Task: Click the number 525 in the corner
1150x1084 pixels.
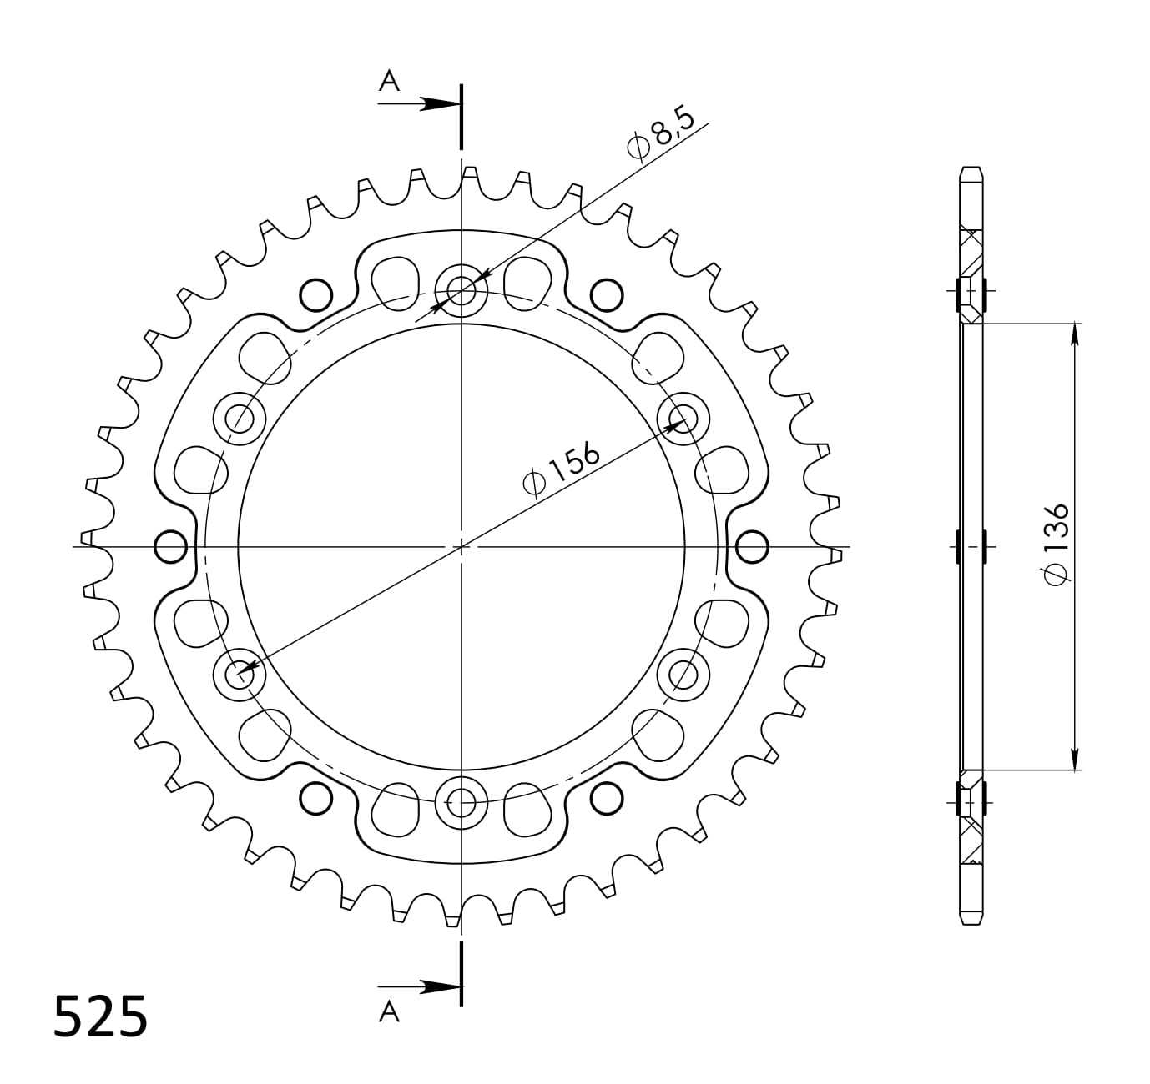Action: coord(100,1016)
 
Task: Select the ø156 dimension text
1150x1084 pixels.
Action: coord(561,469)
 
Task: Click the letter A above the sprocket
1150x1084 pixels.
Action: coord(389,81)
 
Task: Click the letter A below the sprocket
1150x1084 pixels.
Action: coord(389,1012)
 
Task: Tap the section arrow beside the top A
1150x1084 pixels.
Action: coord(420,104)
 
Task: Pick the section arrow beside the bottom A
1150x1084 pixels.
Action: coord(420,986)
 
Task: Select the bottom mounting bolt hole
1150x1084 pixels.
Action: coord(462,803)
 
